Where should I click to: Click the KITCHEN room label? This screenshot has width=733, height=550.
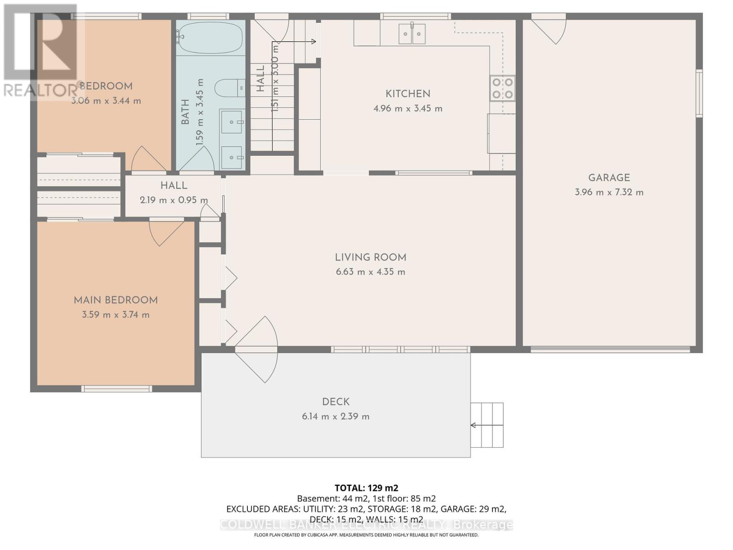pos(408,94)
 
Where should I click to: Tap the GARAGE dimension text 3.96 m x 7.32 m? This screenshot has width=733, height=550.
pos(609,192)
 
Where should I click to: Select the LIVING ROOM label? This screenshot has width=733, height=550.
pos(370,258)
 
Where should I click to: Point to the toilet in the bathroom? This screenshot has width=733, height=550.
pos(227,88)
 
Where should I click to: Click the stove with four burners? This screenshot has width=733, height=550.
pos(502,88)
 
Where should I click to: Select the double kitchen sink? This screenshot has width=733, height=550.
pos(412,33)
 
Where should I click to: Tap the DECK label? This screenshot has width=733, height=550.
pos(336,402)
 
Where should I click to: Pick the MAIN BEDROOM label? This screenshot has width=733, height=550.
pos(115,300)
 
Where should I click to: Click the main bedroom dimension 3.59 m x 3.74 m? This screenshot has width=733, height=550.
pos(115,315)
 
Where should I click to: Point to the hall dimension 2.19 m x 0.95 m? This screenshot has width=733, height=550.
pos(174,200)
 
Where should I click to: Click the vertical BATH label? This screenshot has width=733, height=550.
pos(186,112)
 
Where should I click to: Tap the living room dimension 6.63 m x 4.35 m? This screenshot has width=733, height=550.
pos(370,272)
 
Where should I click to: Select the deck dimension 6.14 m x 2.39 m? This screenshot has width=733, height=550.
pos(335,417)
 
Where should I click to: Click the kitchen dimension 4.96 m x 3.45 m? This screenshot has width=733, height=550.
pos(408,109)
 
